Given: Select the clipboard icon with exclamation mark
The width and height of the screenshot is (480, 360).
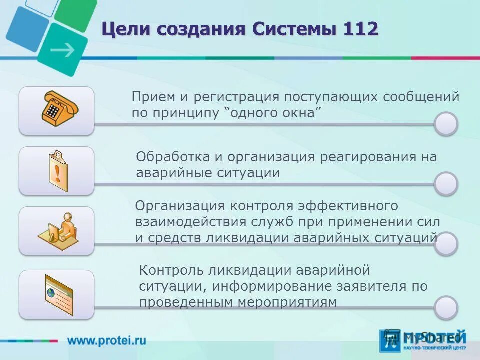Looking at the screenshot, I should pos(57,170).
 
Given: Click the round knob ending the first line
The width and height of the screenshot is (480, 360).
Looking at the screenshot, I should pos(445,124).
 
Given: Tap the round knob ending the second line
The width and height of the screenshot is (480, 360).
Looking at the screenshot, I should pos(445,184).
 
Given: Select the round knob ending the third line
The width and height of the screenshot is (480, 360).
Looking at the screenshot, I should pos(445,244).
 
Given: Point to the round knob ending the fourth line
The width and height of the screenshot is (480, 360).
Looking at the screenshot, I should pos(445,307).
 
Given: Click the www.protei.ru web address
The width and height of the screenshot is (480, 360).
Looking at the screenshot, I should pos(107,341).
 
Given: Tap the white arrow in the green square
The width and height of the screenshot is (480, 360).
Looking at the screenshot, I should pos(63,49).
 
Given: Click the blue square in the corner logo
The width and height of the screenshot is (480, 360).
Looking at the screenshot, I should pos(27,28).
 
